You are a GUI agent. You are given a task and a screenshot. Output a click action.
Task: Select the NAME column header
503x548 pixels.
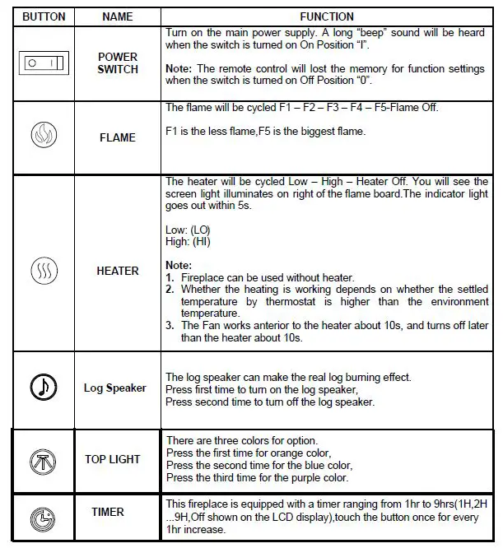(117, 16)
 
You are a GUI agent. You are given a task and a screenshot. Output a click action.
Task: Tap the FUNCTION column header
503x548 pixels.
(327, 16)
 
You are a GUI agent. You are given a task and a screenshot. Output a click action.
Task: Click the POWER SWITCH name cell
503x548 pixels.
(118, 63)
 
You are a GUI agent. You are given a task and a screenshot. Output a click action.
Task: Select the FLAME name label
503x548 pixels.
(117, 137)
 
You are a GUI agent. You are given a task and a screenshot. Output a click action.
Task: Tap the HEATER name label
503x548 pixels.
(118, 271)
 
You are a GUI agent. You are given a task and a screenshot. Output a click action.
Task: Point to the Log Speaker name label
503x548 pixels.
(114, 388)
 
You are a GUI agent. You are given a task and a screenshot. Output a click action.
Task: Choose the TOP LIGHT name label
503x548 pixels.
(113, 459)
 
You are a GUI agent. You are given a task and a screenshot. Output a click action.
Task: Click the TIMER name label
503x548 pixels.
(108, 512)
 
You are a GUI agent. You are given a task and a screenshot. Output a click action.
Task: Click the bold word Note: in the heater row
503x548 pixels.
(179, 266)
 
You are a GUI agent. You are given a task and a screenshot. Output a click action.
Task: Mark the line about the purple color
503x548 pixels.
(257, 477)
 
